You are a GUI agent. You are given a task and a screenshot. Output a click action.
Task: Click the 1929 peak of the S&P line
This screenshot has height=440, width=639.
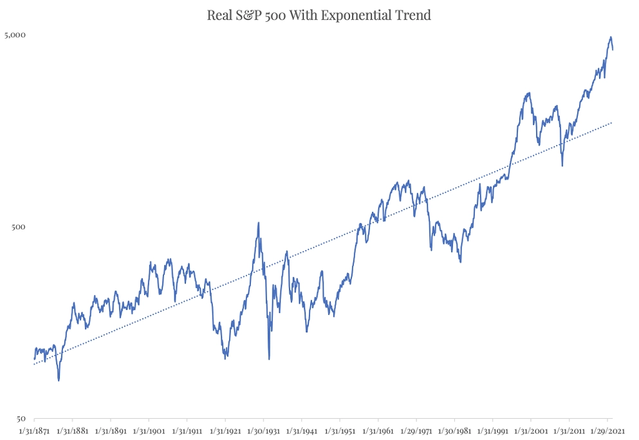click(x=259, y=223)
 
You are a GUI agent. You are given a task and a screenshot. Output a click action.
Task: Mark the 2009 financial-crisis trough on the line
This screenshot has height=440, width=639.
click(x=562, y=166)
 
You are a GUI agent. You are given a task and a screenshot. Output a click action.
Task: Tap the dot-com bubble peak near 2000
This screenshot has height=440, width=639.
click(x=528, y=93)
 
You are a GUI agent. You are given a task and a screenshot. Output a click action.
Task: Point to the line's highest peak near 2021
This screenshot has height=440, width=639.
click(x=611, y=37)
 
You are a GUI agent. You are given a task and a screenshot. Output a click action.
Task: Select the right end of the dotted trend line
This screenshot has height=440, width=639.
click(x=612, y=122)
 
